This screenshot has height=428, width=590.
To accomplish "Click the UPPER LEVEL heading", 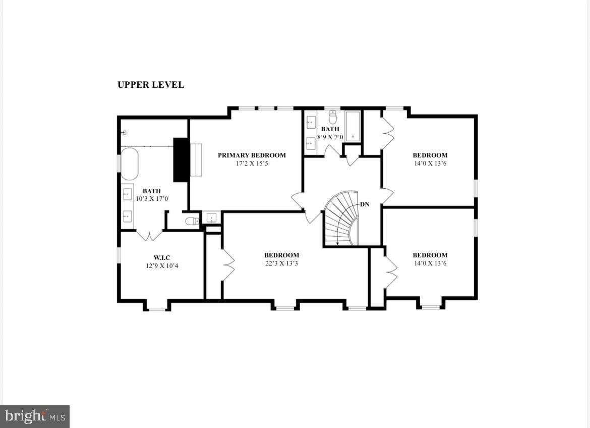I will pyautogui.click(x=151, y=85).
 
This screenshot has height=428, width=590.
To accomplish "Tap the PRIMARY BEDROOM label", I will pyautogui.click(x=252, y=155).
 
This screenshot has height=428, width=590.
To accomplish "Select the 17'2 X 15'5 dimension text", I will pyautogui.click(x=252, y=164).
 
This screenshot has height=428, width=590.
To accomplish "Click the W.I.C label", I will pyautogui.click(x=162, y=258).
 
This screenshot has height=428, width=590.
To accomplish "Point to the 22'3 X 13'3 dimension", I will pyautogui.click(x=281, y=263).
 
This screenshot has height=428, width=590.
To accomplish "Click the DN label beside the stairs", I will pyautogui.click(x=365, y=204).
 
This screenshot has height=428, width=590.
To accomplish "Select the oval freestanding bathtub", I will pyautogui.click(x=129, y=164).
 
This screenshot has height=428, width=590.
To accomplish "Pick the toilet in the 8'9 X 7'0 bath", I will pyautogui.click(x=332, y=118).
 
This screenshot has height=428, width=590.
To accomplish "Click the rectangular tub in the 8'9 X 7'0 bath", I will pyautogui.click(x=352, y=126).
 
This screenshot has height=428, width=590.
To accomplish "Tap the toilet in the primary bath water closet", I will pyautogui.click(x=192, y=221).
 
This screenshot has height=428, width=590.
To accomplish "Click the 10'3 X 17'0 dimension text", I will pyautogui.click(x=152, y=199).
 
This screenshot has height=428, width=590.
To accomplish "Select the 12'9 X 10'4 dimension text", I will pyautogui.click(x=162, y=266).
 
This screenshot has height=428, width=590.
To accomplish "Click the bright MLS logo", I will pyautogui.click(x=35, y=416).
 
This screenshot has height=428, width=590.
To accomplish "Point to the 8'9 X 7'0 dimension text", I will pyautogui.click(x=330, y=137).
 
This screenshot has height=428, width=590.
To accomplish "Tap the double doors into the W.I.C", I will pyautogui.click(x=149, y=235).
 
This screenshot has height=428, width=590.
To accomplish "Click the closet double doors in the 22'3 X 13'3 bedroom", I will pyautogui.click(x=228, y=265).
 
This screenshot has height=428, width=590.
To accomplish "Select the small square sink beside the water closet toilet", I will pyautogui.click(x=211, y=218).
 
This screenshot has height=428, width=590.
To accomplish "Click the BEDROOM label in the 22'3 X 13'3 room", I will pyautogui.click(x=281, y=255).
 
